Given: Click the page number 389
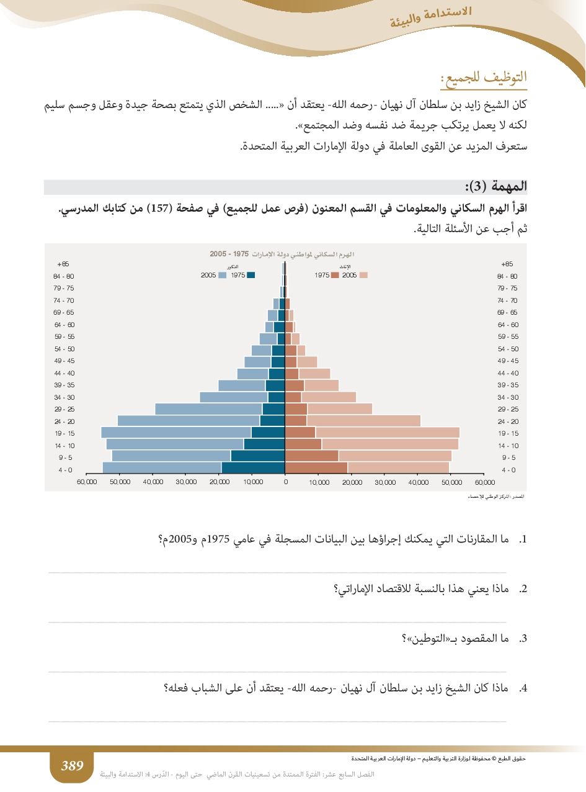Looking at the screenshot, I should [72, 766].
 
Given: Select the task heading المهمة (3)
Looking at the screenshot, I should [495, 186].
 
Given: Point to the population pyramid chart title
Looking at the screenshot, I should [285, 254].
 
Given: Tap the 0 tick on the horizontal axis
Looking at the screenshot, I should [285, 482].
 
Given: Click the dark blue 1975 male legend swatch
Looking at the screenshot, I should [251, 275].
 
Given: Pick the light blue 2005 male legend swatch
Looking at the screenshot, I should [223, 275].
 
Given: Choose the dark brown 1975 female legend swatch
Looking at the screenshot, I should [335, 275].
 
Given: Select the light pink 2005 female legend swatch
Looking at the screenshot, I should [363, 275].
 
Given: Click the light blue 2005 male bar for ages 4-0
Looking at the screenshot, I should [161, 468].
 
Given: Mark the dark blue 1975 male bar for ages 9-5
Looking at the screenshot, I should [257, 456].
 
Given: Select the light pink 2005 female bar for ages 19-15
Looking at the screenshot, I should [388, 432].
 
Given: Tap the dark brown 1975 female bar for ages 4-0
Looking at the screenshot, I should [316, 468].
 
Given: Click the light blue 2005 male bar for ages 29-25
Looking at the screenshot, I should [208, 408].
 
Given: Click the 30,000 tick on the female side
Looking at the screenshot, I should [385, 482].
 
